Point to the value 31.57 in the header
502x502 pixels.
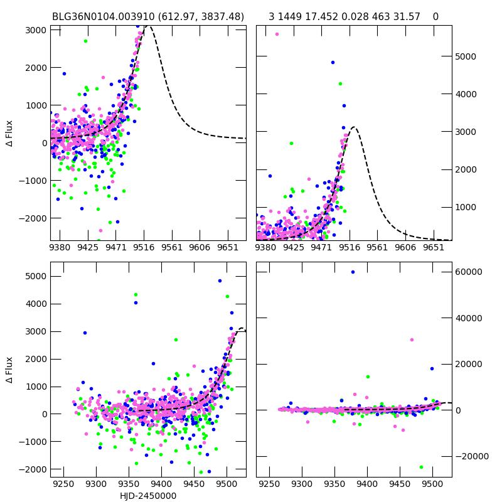click(407, 16)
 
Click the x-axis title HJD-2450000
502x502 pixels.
click(148, 496)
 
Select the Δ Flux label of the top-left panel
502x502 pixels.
click(9, 134)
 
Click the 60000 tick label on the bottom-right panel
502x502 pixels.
click(471, 272)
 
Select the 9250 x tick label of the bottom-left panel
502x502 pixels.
click(64, 484)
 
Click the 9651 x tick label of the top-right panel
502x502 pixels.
click(434, 247)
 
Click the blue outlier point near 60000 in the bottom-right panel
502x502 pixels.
click(353, 272)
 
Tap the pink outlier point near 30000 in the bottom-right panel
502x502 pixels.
click(412, 339)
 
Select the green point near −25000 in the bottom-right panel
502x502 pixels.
click(421, 467)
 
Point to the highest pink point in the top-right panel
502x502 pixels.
click(277, 34)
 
